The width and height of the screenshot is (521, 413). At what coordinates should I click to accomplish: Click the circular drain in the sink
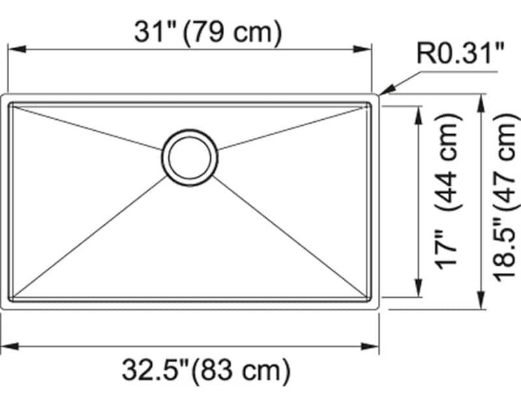tap(190, 157)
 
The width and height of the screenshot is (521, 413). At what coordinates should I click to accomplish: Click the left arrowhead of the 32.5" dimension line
tap(8, 346)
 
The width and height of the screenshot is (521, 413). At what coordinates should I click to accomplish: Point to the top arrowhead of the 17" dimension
tap(417, 113)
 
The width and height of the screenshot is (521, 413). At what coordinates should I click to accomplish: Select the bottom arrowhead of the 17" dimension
tap(417, 291)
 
